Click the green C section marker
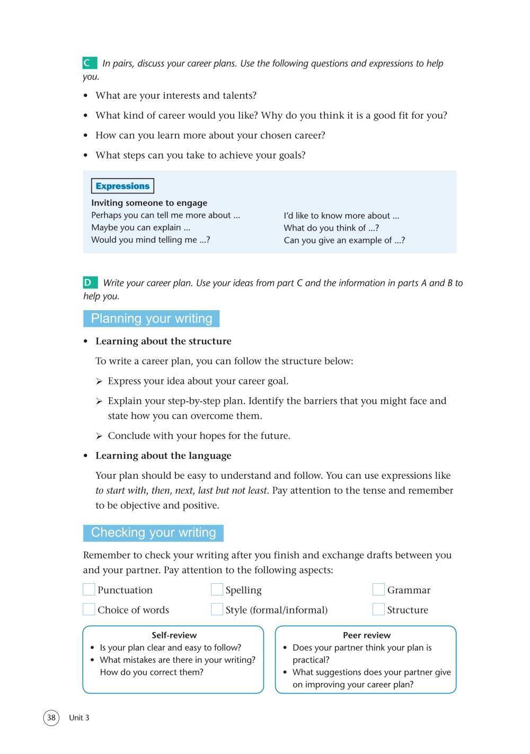(90, 63)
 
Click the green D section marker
(90, 283)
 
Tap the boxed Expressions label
(122, 186)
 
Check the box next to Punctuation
(89, 590)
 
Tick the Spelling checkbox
(217, 590)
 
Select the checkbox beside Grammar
(378, 590)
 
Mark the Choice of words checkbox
(89, 609)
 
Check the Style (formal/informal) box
(217, 609)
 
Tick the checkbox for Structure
(378, 609)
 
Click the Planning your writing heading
(151, 319)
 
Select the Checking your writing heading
(153, 533)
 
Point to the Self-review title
(174, 635)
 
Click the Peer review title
(366, 635)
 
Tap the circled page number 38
(51, 718)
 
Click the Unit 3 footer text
(79, 718)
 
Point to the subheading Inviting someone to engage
(149, 203)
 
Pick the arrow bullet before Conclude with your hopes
(99, 436)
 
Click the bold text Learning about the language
(163, 455)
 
